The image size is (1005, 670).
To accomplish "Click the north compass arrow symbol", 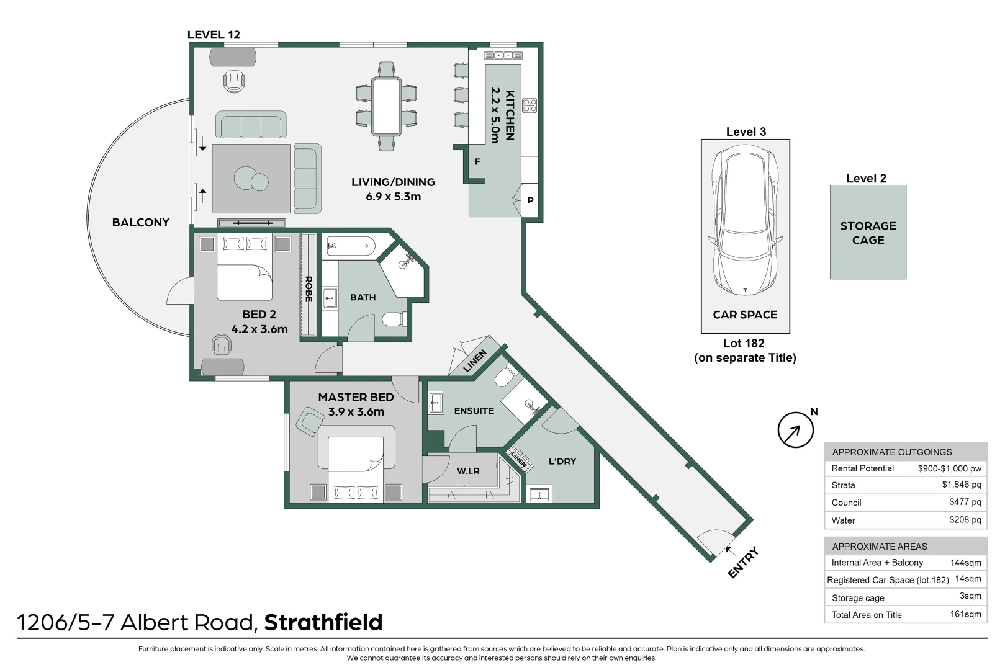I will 795,429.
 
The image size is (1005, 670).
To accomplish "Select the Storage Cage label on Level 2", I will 868,233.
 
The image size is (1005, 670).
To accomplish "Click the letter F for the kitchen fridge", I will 477,161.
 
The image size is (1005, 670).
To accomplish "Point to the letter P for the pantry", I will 530,200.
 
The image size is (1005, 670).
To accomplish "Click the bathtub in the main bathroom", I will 350,246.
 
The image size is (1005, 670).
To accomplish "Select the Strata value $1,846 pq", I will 961,485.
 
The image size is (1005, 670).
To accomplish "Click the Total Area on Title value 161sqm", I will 965,614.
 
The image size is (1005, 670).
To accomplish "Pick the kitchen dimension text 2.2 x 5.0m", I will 495,115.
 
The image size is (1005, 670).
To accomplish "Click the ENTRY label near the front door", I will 743,563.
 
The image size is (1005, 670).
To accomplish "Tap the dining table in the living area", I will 386,106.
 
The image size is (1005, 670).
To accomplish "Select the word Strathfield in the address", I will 323,622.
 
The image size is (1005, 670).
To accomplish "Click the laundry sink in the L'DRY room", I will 538,494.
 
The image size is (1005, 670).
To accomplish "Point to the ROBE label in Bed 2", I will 308,288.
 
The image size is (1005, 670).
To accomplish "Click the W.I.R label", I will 468,471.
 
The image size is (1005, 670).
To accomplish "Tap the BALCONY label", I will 140,222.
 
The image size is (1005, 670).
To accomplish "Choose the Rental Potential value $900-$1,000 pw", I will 949,468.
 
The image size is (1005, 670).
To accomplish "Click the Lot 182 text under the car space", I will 744,343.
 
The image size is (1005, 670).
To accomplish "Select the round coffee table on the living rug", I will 251,179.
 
